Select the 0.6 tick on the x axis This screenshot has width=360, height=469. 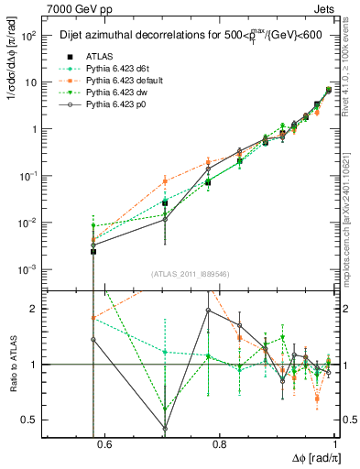(x=104, y=445)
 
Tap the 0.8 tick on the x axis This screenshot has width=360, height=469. (x=220, y=445)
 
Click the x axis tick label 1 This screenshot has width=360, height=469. (x=335, y=445)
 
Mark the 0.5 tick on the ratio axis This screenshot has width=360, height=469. (x=33, y=420)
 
